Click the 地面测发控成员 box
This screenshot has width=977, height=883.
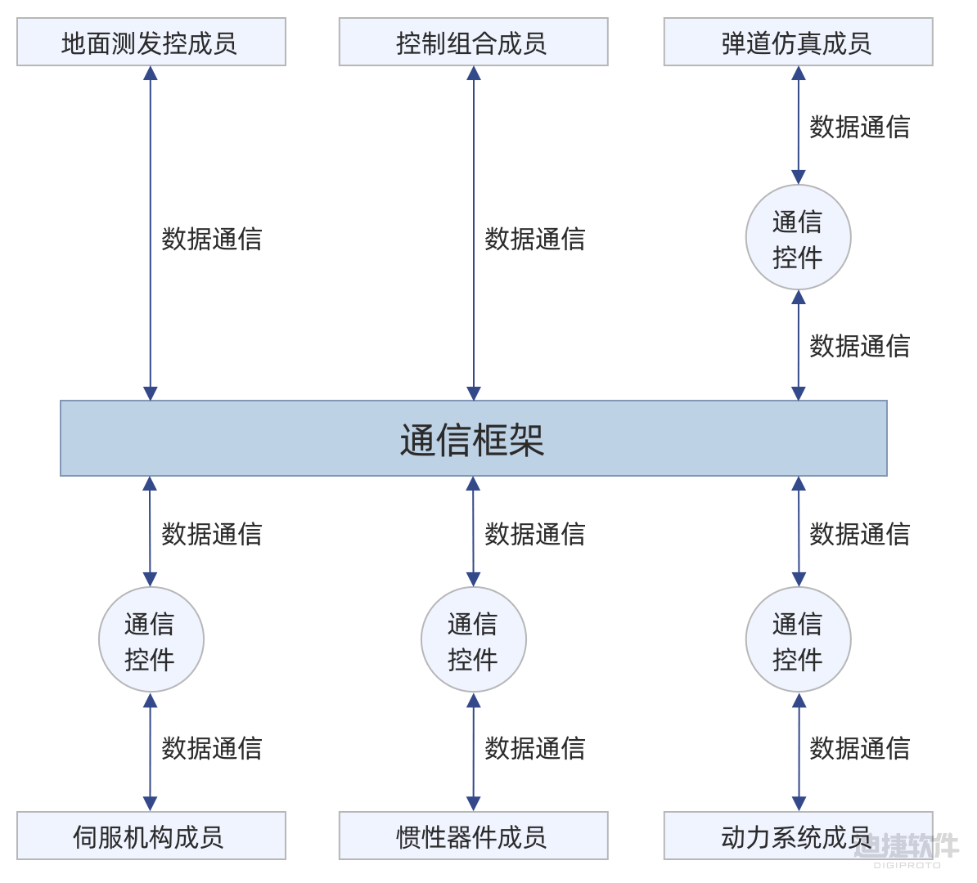tap(151, 43)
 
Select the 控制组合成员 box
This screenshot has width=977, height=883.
tap(473, 43)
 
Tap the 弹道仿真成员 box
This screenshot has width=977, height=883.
tap(798, 43)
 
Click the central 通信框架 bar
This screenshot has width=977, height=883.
tap(473, 439)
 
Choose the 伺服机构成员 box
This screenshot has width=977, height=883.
tap(151, 836)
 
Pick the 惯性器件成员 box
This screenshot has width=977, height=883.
tap(473, 836)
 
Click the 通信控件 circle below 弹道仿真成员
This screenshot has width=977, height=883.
tap(798, 238)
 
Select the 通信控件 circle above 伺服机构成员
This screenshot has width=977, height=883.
tap(151, 640)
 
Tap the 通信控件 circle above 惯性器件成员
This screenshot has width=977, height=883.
tap(473, 640)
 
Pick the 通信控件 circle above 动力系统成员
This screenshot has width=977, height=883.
tap(798, 640)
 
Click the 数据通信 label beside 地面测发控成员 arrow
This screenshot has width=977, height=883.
tap(211, 239)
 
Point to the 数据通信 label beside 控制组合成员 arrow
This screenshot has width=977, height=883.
tap(534, 239)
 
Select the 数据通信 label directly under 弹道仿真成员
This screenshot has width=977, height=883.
tap(859, 128)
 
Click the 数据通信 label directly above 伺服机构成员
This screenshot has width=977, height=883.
tap(211, 748)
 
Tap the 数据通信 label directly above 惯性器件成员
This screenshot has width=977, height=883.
tap(534, 748)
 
